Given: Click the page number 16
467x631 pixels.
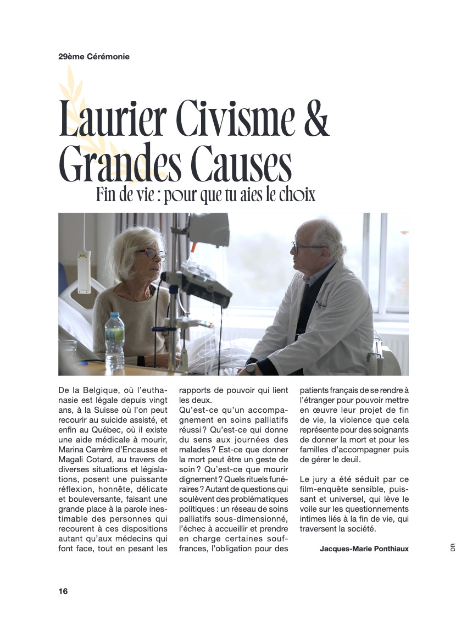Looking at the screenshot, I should coord(63,591).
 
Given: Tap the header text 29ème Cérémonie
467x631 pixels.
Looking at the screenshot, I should coord(94,56).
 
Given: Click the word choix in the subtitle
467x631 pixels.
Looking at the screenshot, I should coord(299,195).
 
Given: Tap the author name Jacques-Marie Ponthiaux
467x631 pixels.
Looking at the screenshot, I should coord(364,549).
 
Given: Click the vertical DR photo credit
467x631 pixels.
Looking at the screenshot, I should coord(453,547).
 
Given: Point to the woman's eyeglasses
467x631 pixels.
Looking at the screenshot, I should coord(152,254).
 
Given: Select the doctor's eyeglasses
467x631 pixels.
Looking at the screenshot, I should coord(303,247).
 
